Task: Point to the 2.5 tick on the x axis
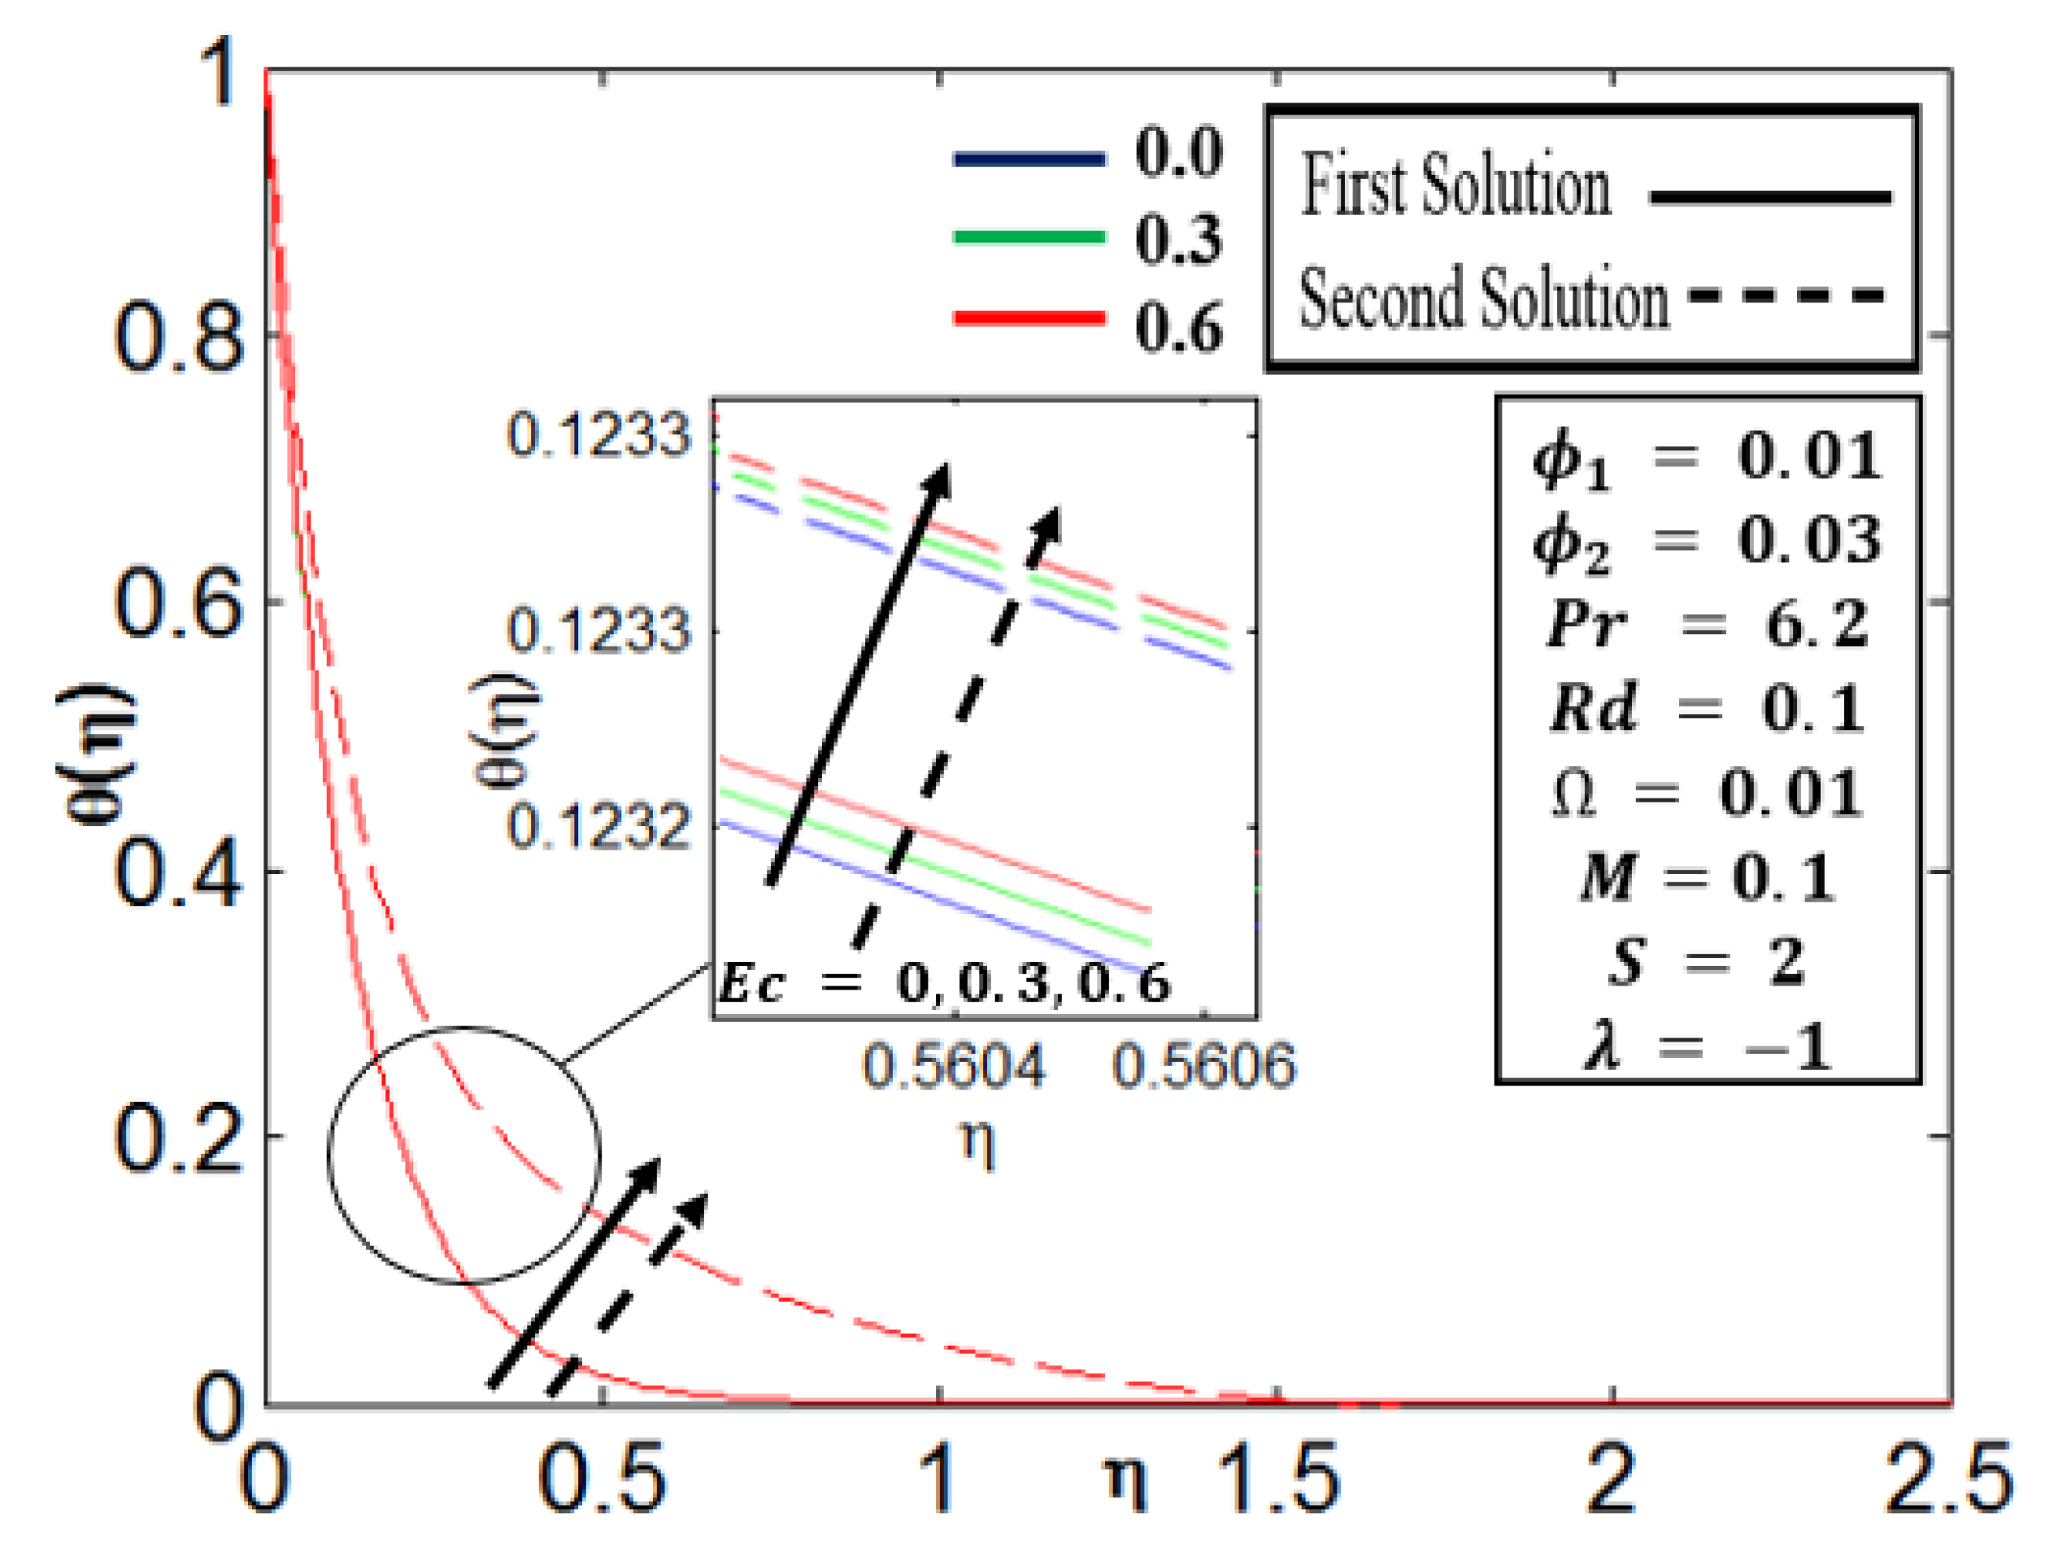coord(1948,1478)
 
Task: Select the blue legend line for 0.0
coord(1029,159)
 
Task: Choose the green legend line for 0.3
coord(1029,237)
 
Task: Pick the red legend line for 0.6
coord(1029,319)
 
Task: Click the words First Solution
coord(1455,186)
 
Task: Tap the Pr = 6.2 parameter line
coord(1707,623)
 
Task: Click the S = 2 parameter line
coord(1707,961)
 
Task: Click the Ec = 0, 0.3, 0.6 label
coord(944,984)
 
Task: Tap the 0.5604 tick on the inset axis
coord(954,1067)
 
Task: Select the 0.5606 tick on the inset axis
coord(1203,1067)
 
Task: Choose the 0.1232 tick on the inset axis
coord(598,825)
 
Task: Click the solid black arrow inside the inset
coord(859,674)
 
